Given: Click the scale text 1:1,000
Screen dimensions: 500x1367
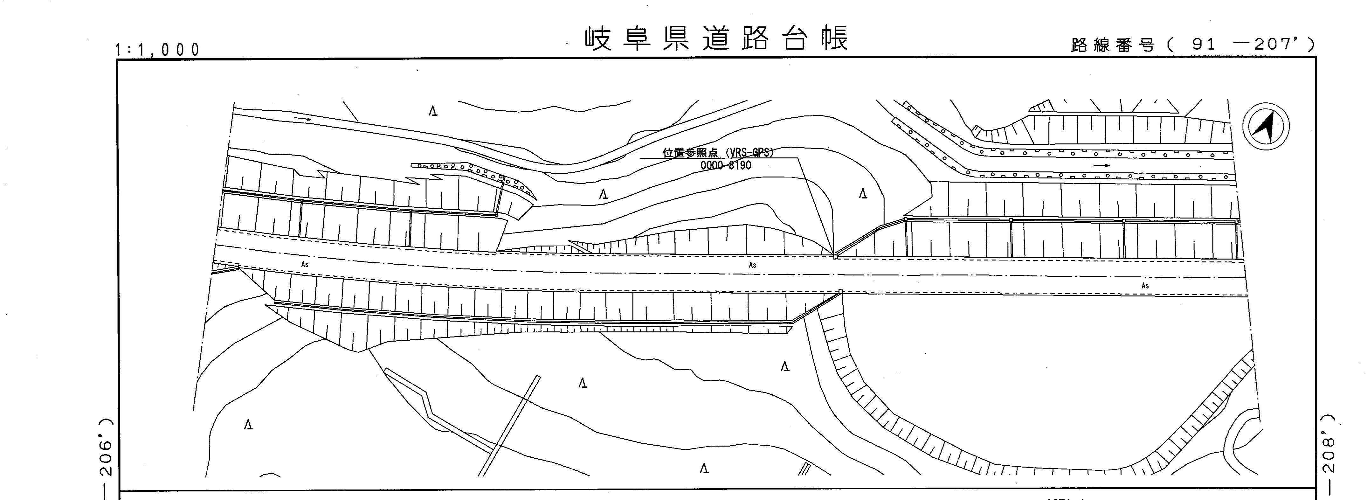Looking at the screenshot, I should [x=158, y=50].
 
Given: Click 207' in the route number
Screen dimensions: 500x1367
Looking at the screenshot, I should [x=1276, y=45].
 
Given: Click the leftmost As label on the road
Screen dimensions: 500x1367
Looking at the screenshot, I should [x=305, y=264].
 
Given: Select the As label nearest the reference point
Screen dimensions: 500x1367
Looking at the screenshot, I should [x=752, y=265].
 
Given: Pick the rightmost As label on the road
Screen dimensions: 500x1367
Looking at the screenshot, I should [x=1145, y=286].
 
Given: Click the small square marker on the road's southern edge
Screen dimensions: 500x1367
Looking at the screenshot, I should [x=840, y=291].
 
